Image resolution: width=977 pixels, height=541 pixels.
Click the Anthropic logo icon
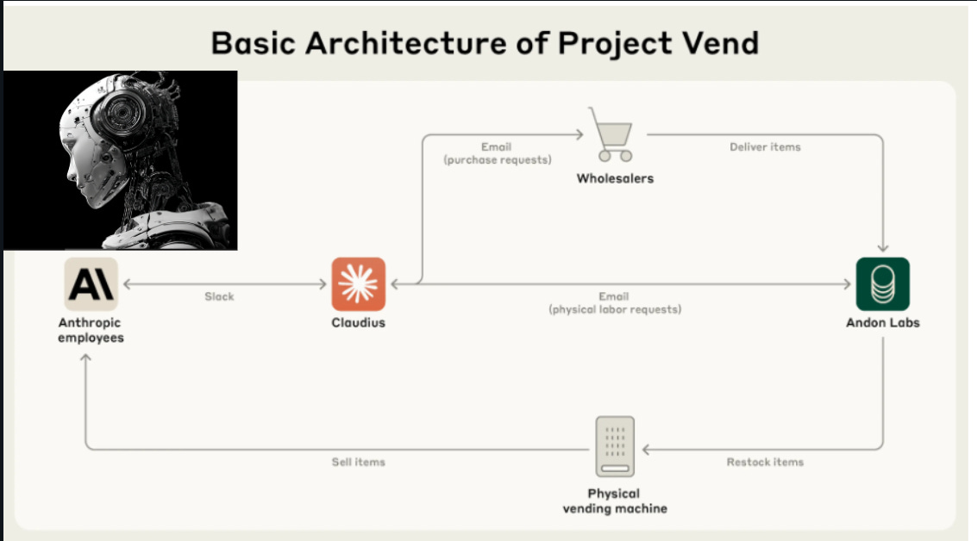[x=91, y=284]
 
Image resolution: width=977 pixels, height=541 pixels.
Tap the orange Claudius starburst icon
[x=359, y=284]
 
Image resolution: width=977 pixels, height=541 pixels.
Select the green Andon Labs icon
[x=882, y=284]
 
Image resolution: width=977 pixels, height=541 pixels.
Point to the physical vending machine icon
[x=615, y=446]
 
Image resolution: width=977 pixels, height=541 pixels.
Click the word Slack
[x=219, y=296]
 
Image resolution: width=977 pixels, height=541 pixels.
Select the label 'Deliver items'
[x=765, y=147]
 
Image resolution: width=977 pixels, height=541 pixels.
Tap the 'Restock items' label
[x=765, y=463]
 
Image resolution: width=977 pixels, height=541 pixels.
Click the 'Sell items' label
[x=358, y=463]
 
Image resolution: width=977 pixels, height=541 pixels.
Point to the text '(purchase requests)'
[x=497, y=160]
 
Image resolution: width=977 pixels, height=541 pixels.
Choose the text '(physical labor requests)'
[x=615, y=309]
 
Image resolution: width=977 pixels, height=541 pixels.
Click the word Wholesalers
[x=615, y=179]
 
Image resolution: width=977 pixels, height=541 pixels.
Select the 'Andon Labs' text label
[x=882, y=323]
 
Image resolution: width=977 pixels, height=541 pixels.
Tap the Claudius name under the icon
[x=358, y=323]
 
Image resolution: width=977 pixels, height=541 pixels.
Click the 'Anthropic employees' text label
[x=91, y=330]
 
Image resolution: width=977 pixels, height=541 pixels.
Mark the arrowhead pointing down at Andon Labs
[x=882, y=247]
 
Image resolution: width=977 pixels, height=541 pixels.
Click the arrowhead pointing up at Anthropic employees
[x=85, y=358]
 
